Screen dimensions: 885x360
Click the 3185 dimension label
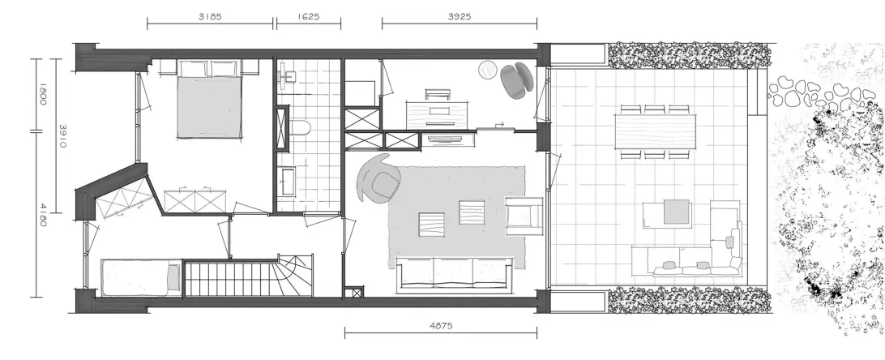point(210,16)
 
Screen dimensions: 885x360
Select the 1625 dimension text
point(308,16)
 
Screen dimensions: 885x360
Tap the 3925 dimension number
point(460,16)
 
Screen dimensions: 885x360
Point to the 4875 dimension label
point(441,326)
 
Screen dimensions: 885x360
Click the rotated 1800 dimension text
point(43,94)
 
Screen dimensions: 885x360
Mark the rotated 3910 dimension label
point(62,136)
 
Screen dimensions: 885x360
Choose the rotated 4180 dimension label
point(43,214)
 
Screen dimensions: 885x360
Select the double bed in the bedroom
point(210,99)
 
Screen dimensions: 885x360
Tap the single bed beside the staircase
point(141,277)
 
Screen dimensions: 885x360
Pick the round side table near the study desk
point(489,71)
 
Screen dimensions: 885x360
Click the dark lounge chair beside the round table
point(516,81)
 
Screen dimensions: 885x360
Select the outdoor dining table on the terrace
point(656,131)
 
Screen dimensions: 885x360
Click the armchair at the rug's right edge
point(524,216)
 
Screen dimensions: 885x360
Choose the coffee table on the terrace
point(667,214)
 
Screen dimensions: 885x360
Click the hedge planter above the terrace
point(689,55)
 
